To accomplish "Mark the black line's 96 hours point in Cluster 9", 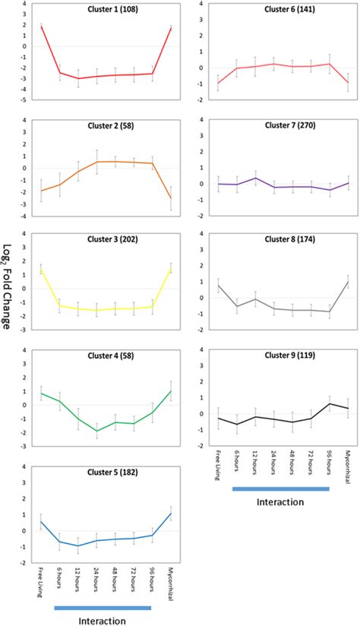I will click(329, 403).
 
